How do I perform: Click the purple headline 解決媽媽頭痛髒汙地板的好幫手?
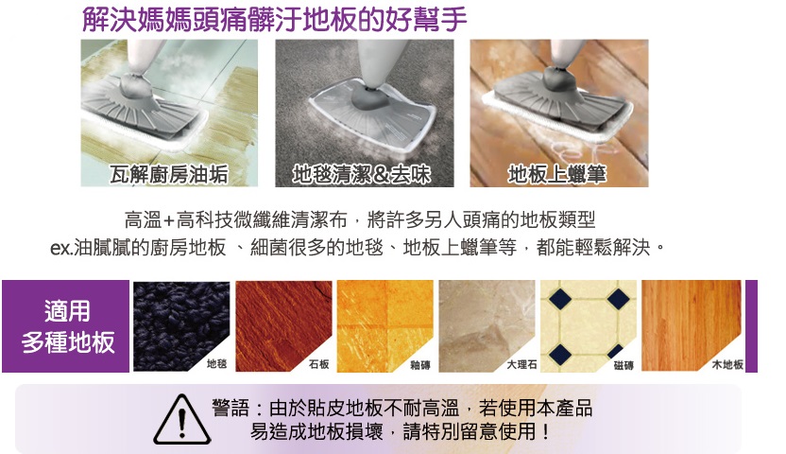click(274, 18)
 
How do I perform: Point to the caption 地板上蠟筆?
click(556, 174)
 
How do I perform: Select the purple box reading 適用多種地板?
click(65, 326)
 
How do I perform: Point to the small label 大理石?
click(521, 364)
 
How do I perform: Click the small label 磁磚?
click(624, 364)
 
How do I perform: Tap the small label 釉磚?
click(420, 364)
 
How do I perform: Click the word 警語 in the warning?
click(231, 410)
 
